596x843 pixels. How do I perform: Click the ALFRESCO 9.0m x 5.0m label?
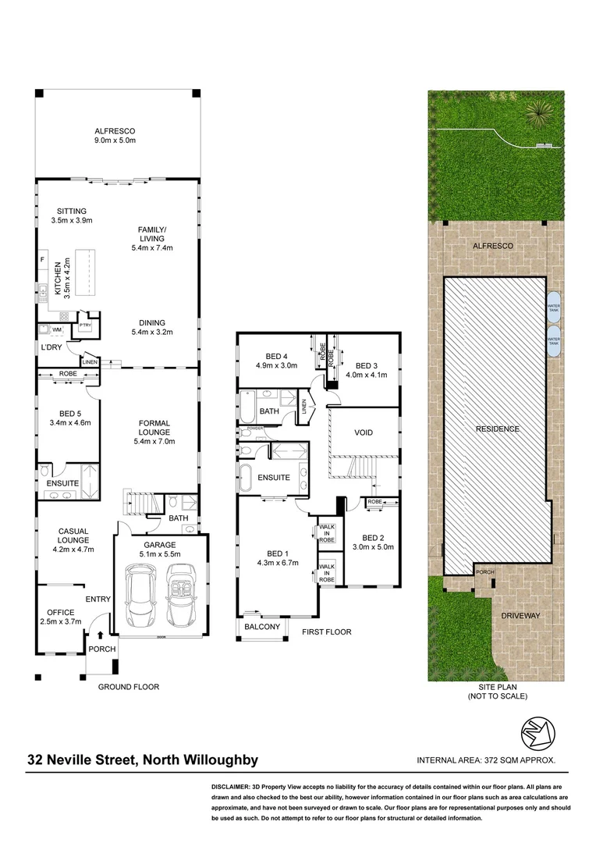115,136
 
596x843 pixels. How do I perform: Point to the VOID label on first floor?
364,432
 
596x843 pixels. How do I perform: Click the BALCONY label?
261,627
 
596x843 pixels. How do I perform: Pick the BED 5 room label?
69,418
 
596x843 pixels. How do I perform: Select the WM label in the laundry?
57,330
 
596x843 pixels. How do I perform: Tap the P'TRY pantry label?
83,325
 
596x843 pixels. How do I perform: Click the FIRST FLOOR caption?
327,631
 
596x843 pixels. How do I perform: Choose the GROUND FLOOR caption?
128,687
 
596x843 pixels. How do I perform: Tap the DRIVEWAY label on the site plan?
522,615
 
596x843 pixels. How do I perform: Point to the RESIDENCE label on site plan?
499,429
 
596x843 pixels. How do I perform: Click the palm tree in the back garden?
538,115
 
